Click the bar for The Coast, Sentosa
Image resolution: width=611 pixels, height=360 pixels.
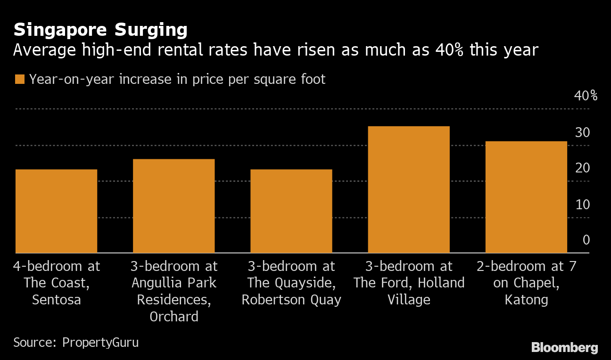(56, 211)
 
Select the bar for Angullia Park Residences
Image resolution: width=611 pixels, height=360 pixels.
(173, 206)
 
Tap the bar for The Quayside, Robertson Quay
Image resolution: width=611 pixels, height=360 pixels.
(291, 211)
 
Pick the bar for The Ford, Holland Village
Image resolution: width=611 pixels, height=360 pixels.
(408, 189)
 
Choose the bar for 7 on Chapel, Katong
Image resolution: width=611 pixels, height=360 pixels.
(526, 197)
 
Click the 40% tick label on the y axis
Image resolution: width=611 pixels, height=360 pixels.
(585, 96)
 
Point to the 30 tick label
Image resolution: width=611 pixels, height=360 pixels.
(582, 132)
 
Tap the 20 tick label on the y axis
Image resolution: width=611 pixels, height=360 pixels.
(582, 168)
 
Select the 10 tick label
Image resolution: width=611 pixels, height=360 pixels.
(582, 205)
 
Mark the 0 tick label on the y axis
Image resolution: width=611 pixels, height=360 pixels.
(586, 240)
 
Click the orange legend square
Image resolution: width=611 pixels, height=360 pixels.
(19, 79)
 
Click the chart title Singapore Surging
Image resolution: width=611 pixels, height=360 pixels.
(100, 30)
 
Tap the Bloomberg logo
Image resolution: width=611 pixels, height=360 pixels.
(564, 348)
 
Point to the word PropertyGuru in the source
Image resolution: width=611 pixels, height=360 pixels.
(100, 342)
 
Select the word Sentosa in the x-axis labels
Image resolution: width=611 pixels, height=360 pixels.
(56, 300)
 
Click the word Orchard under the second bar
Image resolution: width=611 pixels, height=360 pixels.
(173, 317)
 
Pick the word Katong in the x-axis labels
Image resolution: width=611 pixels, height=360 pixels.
(526, 300)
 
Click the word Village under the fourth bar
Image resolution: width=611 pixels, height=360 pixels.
(408, 300)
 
